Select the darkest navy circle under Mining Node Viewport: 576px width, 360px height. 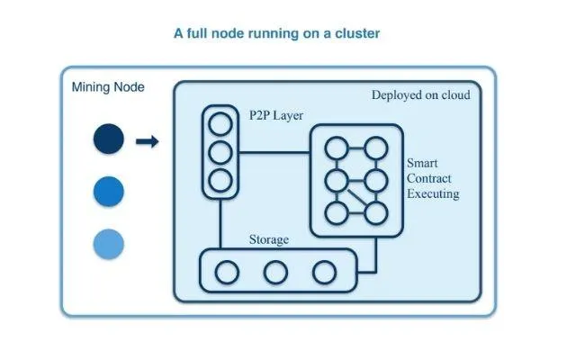[x=107, y=140]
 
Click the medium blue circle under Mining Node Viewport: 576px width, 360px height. [x=107, y=191]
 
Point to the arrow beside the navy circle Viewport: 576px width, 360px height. [x=148, y=140]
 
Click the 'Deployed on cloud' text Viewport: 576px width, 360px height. [x=420, y=94]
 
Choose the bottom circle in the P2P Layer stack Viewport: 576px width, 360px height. [x=219, y=179]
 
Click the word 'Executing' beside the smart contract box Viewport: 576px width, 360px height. [x=433, y=193]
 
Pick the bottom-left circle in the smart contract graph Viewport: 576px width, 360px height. [x=336, y=212]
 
